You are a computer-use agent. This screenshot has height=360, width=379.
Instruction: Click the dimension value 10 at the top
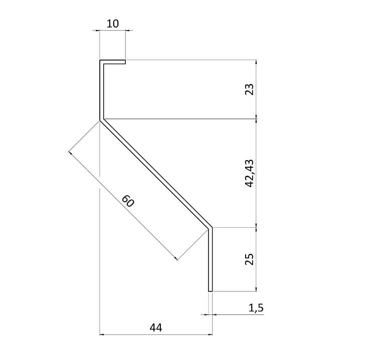(113, 23)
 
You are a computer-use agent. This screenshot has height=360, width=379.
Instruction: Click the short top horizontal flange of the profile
(113, 62)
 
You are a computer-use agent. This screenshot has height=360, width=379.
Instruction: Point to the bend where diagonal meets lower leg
(211, 228)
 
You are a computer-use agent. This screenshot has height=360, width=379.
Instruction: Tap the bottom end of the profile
(211, 290)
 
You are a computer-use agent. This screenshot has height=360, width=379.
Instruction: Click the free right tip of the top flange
(124, 62)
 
